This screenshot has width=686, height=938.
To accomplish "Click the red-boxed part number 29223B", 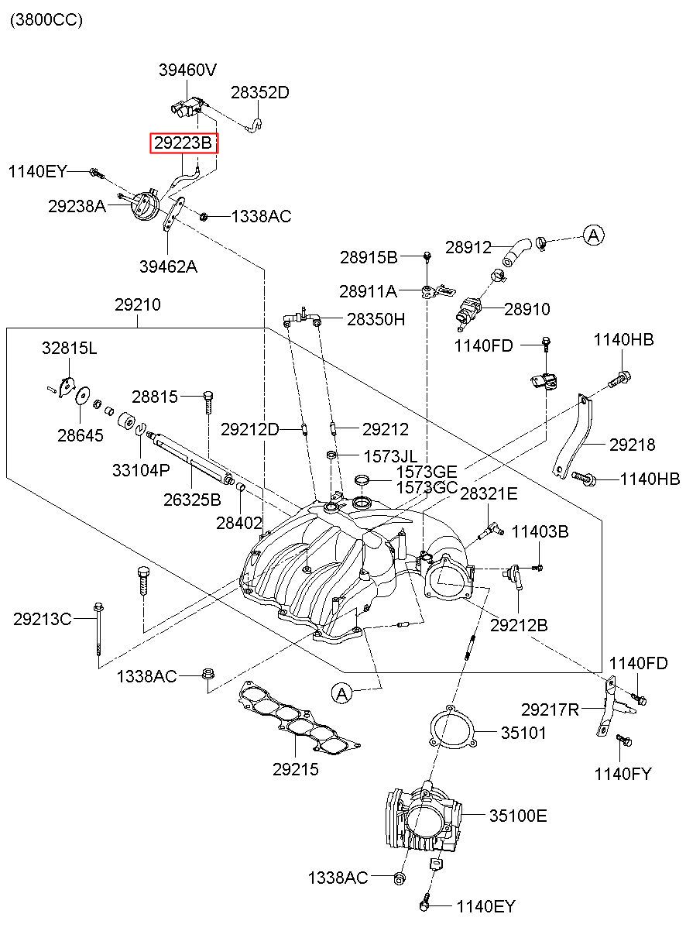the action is (x=184, y=143).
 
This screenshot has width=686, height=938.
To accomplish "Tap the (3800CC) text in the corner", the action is (x=46, y=19).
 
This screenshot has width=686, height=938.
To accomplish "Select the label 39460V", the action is (x=187, y=70).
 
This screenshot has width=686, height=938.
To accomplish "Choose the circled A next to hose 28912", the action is (x=594, y=235).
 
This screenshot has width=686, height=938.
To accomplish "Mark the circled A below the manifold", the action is (x=342, y=694).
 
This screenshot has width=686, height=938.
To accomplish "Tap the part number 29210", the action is (x=138, y=304).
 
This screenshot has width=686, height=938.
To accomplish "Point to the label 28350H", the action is (x=376, y=319).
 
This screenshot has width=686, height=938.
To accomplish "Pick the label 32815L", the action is (x=70, y=348).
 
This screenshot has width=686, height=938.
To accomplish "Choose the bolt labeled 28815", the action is (x=208, y=403).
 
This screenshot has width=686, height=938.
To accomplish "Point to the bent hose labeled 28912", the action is (x=517, y=252).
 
